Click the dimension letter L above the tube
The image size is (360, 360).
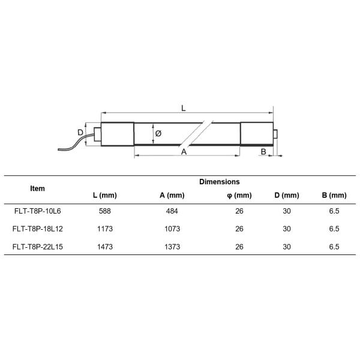(184, 109)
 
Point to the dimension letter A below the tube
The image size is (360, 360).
(184, 152)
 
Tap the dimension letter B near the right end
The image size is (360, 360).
(263, 152)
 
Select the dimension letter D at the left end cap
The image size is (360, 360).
(80, 133)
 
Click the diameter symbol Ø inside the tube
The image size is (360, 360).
(158, 133)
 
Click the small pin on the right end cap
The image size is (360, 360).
(275, 133)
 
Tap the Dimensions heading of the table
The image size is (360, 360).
(219, 181)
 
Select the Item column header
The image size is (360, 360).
(37, 188)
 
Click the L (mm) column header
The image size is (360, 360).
(104, 196)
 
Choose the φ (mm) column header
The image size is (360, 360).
(239, 196)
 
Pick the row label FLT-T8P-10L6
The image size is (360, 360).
(37, 211)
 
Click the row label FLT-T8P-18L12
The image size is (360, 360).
(37, 229)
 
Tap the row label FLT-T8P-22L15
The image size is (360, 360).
(37, 246)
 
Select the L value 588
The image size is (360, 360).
(104, 211)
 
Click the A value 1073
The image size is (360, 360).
(172, 229)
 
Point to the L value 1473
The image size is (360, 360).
(104, 246)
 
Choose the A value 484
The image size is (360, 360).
(172, 211)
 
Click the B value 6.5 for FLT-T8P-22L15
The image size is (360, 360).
(334, 246)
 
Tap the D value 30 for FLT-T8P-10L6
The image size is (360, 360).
(287, 211)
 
